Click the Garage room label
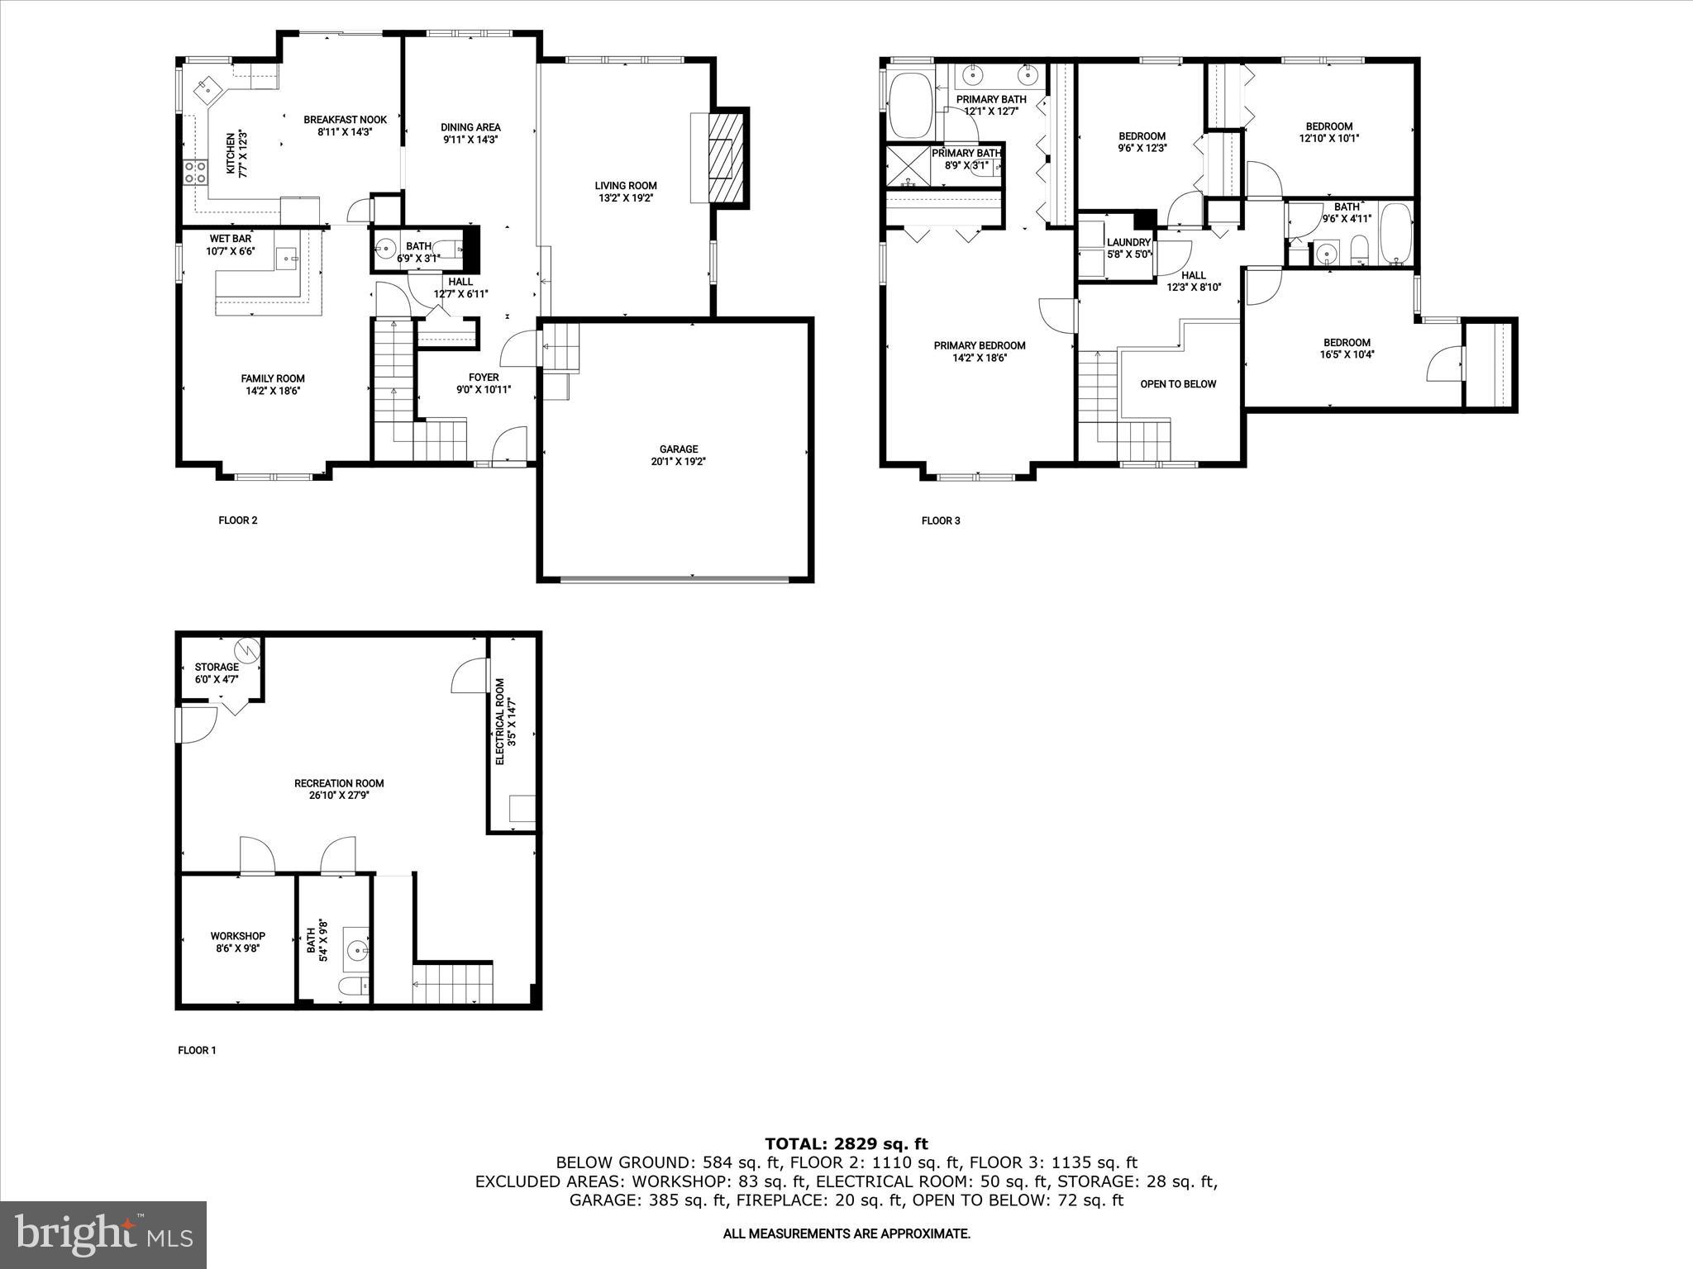[x=678, y=449]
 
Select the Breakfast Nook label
[x=345, y=120]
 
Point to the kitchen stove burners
[x=195, y=172]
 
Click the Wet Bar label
[x=230, y=239]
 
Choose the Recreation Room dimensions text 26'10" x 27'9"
[x=339, y=796]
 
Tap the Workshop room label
[x=237, y=936]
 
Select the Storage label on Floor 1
[x=217, y=667]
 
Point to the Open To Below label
[x=1178, y=384]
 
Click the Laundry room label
[x=1128, y=242]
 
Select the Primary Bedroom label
[x=980, y=345]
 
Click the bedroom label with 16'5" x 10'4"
[x=1347, y=342]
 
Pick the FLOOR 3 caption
[x=941, y=520]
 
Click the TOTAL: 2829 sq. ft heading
[x=846, y=1144]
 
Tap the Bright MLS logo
[x=103, y=1234]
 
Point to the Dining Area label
[x=470, y=127]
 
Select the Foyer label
[x=484, y=378]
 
